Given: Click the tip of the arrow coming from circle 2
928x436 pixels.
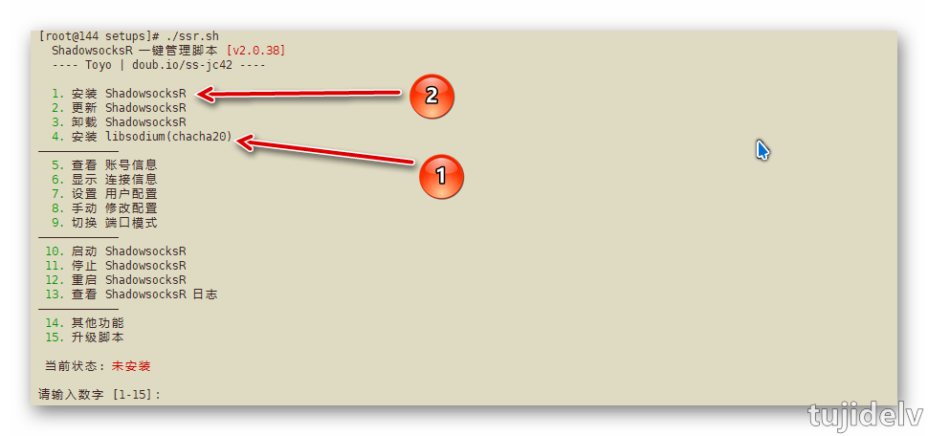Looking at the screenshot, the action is point(196,94).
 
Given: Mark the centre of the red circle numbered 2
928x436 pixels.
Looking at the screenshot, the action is point(432,97).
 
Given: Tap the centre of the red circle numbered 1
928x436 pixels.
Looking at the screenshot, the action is point(441,176).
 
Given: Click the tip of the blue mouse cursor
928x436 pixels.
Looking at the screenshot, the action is point(758,141).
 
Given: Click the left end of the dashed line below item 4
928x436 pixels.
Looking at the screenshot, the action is point(39,151).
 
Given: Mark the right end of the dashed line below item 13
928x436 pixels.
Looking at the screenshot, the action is point(119,309).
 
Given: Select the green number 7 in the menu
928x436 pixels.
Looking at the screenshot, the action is point(56,194).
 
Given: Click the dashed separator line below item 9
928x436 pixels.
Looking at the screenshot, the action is point(78,237).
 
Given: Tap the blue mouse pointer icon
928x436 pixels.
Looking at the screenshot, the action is point(762,150).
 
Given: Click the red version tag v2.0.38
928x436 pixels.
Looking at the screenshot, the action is point(256,51).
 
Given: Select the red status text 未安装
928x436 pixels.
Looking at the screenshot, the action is point(131,366).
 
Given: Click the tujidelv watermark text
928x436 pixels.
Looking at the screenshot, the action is point(866,415).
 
